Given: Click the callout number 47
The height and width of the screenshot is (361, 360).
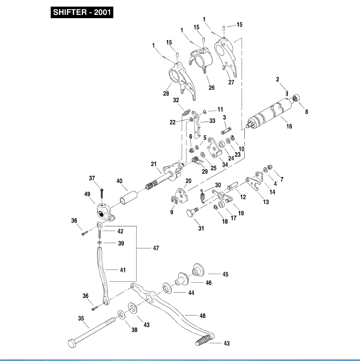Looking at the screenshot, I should pos(156,248).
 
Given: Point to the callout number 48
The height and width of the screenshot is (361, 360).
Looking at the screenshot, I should pos(202,316).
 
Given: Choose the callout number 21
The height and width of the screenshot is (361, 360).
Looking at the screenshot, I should pos(153,163).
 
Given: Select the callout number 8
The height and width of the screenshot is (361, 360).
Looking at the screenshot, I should pos(306,112).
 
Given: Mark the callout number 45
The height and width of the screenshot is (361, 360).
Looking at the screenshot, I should pos(225,274).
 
